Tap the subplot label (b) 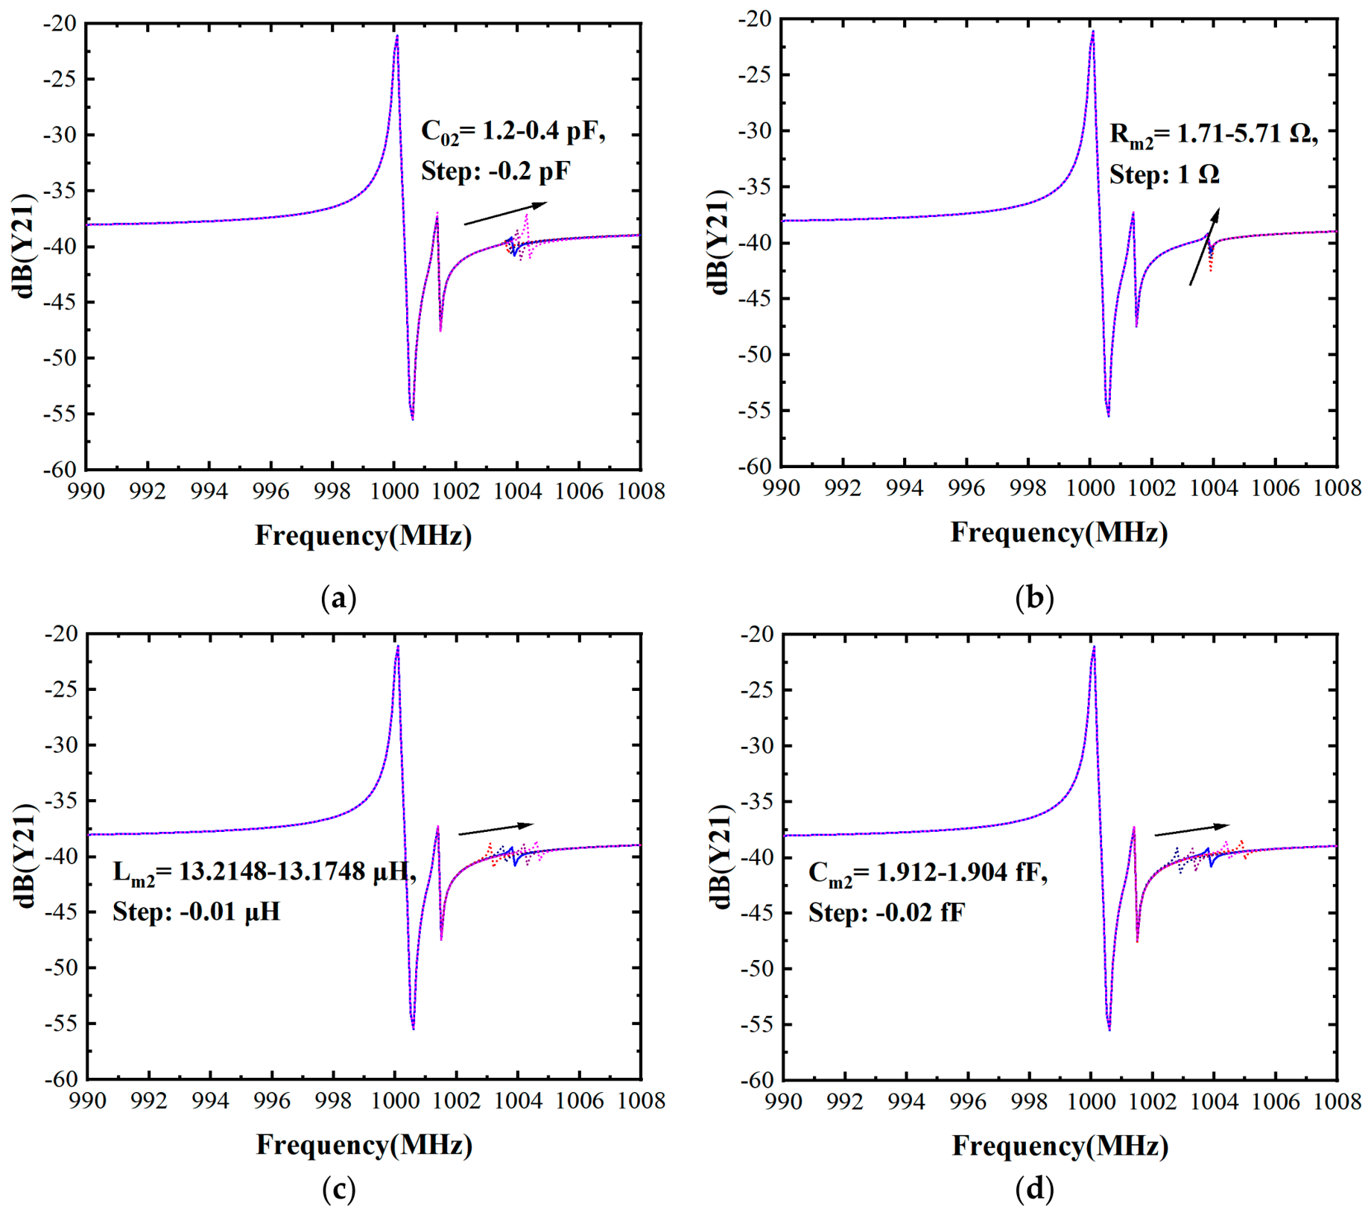1034,598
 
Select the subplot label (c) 338,1190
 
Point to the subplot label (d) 1034,1190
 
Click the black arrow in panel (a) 505,213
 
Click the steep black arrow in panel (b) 1204,247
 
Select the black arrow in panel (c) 495,829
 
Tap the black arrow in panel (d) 1191,830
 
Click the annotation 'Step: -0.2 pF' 495,171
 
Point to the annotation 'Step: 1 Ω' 1164,174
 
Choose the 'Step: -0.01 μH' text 197,912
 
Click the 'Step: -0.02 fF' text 887,912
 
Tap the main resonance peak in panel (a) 397,35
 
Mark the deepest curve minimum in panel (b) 1109,415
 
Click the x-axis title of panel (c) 364,1145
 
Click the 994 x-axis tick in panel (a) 209,492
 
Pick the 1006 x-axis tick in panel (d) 1276,1102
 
